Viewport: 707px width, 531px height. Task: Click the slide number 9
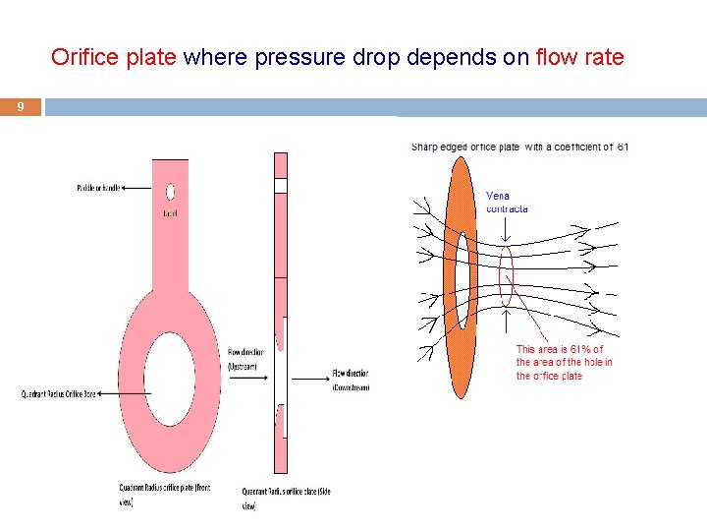[22, 106]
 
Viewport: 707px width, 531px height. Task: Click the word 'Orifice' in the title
[86, 57]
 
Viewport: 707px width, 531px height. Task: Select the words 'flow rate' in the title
[580, 57]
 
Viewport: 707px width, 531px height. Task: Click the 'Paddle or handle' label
[97, 187]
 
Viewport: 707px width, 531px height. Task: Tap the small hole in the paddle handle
[170, 192]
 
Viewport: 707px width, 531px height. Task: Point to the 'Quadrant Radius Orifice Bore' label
[59, 394]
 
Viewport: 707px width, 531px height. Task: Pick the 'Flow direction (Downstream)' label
[351, 380]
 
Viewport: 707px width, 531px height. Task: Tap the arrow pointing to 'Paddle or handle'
[137, 187]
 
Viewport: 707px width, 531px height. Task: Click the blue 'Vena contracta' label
[507, 203]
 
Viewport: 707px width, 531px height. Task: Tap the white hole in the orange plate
[462, 276]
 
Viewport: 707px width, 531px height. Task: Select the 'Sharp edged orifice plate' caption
[519, 147]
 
